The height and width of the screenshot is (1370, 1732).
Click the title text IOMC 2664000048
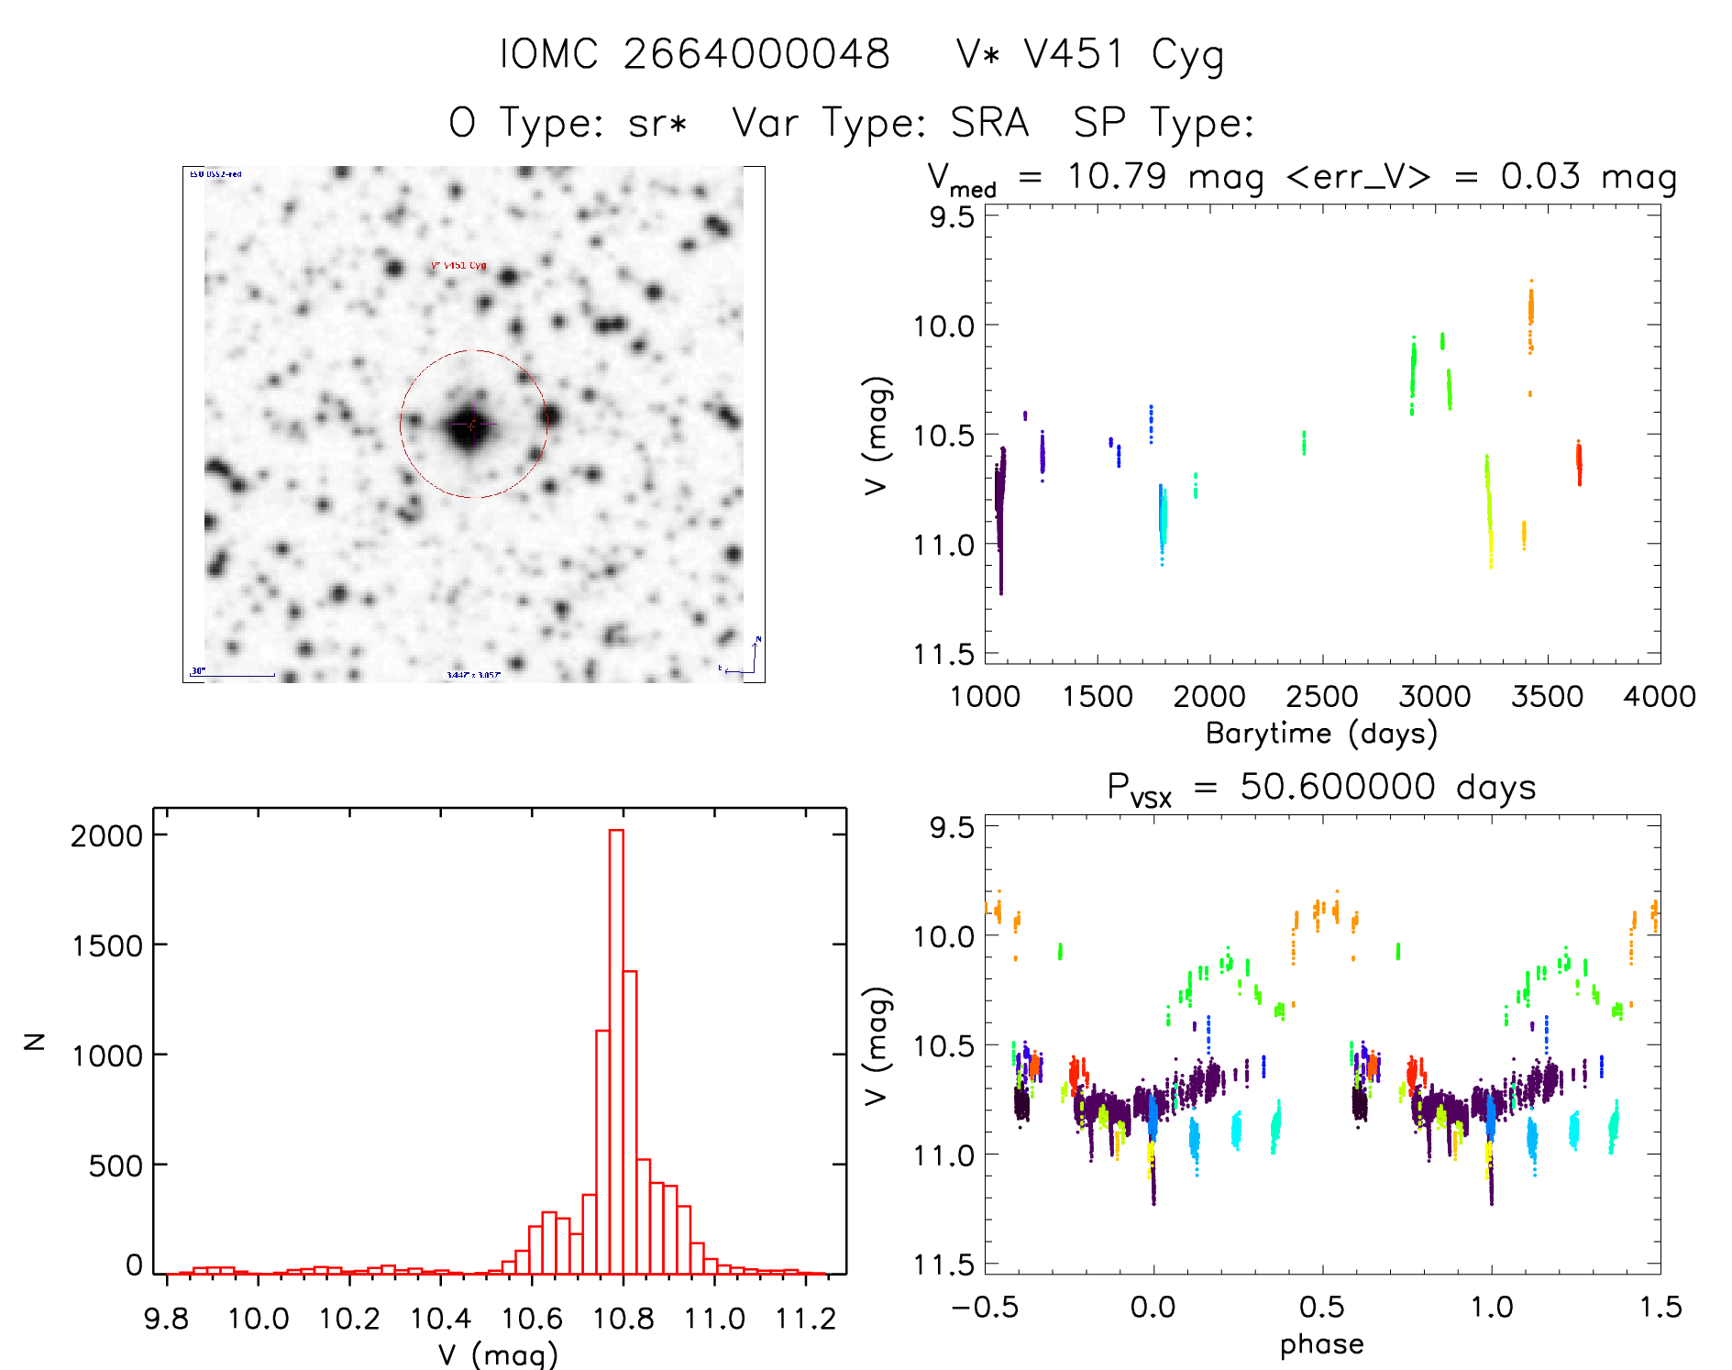tap(694, 54)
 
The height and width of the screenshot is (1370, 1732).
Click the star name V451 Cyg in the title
tap(1123, 55)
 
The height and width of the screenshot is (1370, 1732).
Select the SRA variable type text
tap(989, 123)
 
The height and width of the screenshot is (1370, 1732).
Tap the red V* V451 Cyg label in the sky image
tap(458, 266)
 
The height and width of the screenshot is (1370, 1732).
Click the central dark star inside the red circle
tap(470, 425)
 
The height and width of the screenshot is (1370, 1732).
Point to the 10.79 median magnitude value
tap(1116, 176)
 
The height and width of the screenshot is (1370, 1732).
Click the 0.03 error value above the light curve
tap(1540, 176)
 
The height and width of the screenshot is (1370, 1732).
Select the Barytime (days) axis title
tap(1321, 734)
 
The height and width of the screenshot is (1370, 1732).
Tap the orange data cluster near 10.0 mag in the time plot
tap(1530, 312)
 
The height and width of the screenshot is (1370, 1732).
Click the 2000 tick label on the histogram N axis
tap(106, 835)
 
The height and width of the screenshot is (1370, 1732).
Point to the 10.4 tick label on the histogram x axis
tap(440, 1320)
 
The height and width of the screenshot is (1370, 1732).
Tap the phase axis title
tap(1321, 1344)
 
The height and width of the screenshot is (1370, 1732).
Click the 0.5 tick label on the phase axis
tap(1321, 1308)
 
